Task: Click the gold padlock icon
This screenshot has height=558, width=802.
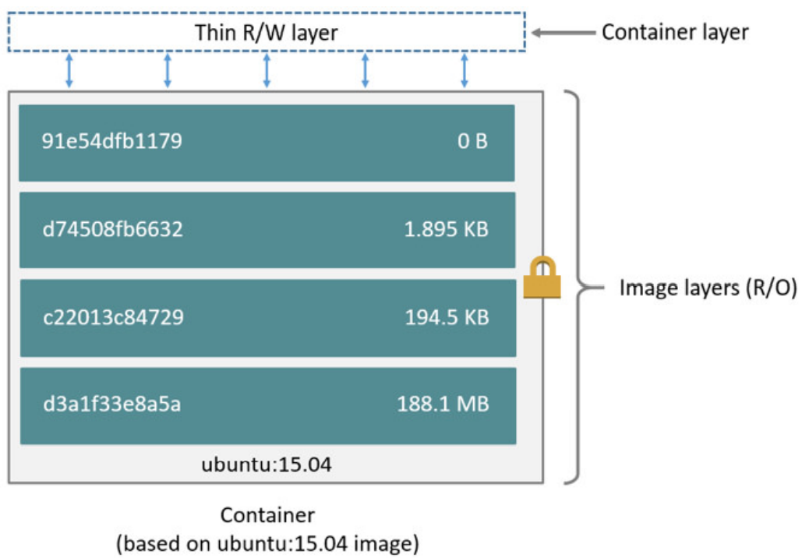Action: tap(542, 278)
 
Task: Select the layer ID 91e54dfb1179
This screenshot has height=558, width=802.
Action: tap(111, 143)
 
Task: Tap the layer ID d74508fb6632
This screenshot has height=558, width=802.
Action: tap(112, 230)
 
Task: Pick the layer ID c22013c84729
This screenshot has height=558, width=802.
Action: tap(112, 318)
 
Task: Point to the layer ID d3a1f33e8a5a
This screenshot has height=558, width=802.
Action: tap(111, 405)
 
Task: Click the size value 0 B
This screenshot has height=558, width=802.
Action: tap(472, 143)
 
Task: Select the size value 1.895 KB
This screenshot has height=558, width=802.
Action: tap(447, 230)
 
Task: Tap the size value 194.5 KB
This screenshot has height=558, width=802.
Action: tap(447, 318)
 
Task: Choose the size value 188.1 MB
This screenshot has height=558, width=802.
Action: tap(443, 405)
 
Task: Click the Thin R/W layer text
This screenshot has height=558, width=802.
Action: tap(267, 33)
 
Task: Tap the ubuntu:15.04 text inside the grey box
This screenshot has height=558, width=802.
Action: tap(267, 465)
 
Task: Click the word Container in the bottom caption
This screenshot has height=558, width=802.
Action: tap(267, 515)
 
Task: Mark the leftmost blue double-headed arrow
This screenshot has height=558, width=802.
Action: tap(69, 70)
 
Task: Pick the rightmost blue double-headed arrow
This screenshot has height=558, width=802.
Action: tap(465, 70)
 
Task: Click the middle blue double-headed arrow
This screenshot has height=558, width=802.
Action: tap(267, 70)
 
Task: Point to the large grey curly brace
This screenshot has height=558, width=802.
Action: tap(581, 287)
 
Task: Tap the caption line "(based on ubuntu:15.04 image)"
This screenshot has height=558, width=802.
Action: tap(267, 543)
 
